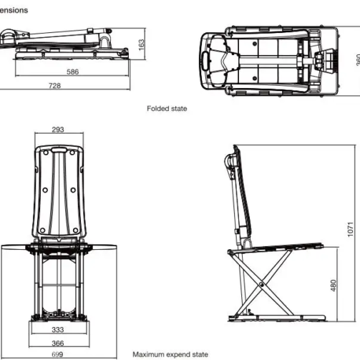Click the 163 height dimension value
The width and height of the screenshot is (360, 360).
click(141, 44)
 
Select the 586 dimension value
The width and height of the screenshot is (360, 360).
click(73, 72)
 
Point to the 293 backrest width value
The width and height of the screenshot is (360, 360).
click(59, 130)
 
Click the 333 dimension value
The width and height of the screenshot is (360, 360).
click(59, 330)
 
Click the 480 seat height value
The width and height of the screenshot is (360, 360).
click(334, 286)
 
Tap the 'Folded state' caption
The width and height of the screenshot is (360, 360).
click(167, 109)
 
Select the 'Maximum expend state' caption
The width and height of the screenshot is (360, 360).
click(170, 354)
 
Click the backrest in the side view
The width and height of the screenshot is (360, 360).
click(241, 193)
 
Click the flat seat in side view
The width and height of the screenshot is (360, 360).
click(279, 248)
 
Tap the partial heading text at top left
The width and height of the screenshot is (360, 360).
click(14, 10)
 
